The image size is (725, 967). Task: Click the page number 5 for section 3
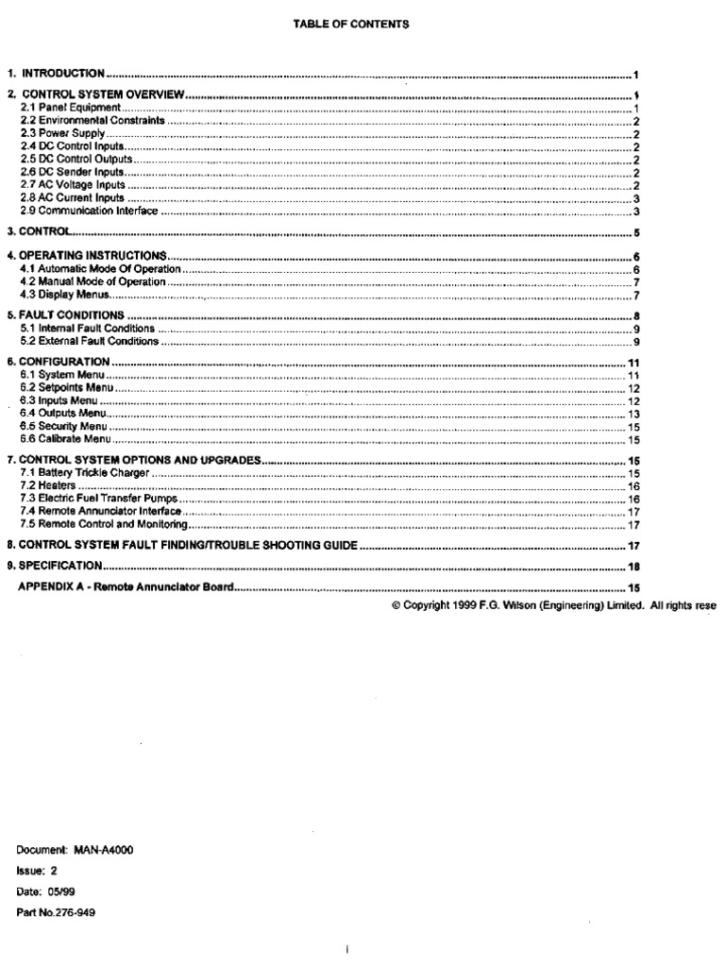pos(637,232)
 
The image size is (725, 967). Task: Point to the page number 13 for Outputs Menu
pos(634,414)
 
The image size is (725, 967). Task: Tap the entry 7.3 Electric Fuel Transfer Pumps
pos(99,498)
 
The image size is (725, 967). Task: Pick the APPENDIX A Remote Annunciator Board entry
pos(126,587)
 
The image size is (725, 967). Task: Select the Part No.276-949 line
pos(58,913)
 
